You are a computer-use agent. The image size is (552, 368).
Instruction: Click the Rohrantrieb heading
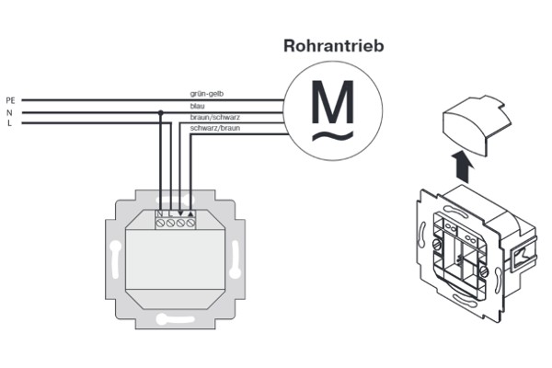coord(333,46)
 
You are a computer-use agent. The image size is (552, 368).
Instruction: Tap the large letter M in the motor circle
coord(333,102)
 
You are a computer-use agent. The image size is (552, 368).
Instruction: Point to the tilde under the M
coord(333,136)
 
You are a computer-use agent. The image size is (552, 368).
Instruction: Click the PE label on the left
coord(10,100)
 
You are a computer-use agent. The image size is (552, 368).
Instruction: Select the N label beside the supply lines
coord(9,112)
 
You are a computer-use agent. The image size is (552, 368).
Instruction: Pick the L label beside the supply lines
coord(9,123)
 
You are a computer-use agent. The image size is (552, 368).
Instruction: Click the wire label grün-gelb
coord(207,94)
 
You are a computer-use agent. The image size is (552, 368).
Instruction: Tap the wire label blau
coord(197,106)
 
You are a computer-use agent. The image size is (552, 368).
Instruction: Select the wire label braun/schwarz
coord(215,117)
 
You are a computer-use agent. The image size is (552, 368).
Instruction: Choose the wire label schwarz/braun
coord(215,128)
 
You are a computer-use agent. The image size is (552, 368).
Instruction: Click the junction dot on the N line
coord(160,112)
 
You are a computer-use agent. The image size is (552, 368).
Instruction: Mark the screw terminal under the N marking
coord(160,223)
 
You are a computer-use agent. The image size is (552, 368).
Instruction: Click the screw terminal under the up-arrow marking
coord(190,223)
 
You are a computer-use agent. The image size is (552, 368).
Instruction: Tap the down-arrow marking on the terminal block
coord(180,213)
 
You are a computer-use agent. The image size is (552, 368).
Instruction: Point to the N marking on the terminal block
coord(160,213)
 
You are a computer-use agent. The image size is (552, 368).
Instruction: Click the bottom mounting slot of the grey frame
coord(175,319)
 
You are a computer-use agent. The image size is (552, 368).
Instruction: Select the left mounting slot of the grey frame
coord(114,259)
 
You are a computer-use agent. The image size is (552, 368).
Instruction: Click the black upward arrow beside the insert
coord(464,167)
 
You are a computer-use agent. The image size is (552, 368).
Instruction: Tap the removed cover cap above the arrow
coord(476,125)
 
